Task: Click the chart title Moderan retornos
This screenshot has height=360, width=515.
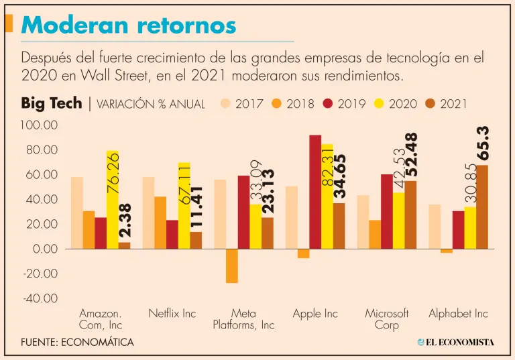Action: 129,25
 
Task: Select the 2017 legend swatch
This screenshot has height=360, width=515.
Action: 226,104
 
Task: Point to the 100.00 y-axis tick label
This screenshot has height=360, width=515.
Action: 41,125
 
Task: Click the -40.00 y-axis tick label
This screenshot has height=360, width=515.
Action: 41,298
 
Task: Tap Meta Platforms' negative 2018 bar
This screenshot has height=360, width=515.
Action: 231,265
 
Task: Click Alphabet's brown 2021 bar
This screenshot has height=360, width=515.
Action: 482,207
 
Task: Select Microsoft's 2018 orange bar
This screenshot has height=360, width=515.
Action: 375,234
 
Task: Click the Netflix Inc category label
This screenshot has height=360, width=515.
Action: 172,314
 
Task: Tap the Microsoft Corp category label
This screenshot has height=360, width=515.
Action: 387,319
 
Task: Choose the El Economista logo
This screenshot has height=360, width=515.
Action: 455,342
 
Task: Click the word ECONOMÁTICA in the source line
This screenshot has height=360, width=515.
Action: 97,342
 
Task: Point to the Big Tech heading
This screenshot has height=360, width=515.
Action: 51,103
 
